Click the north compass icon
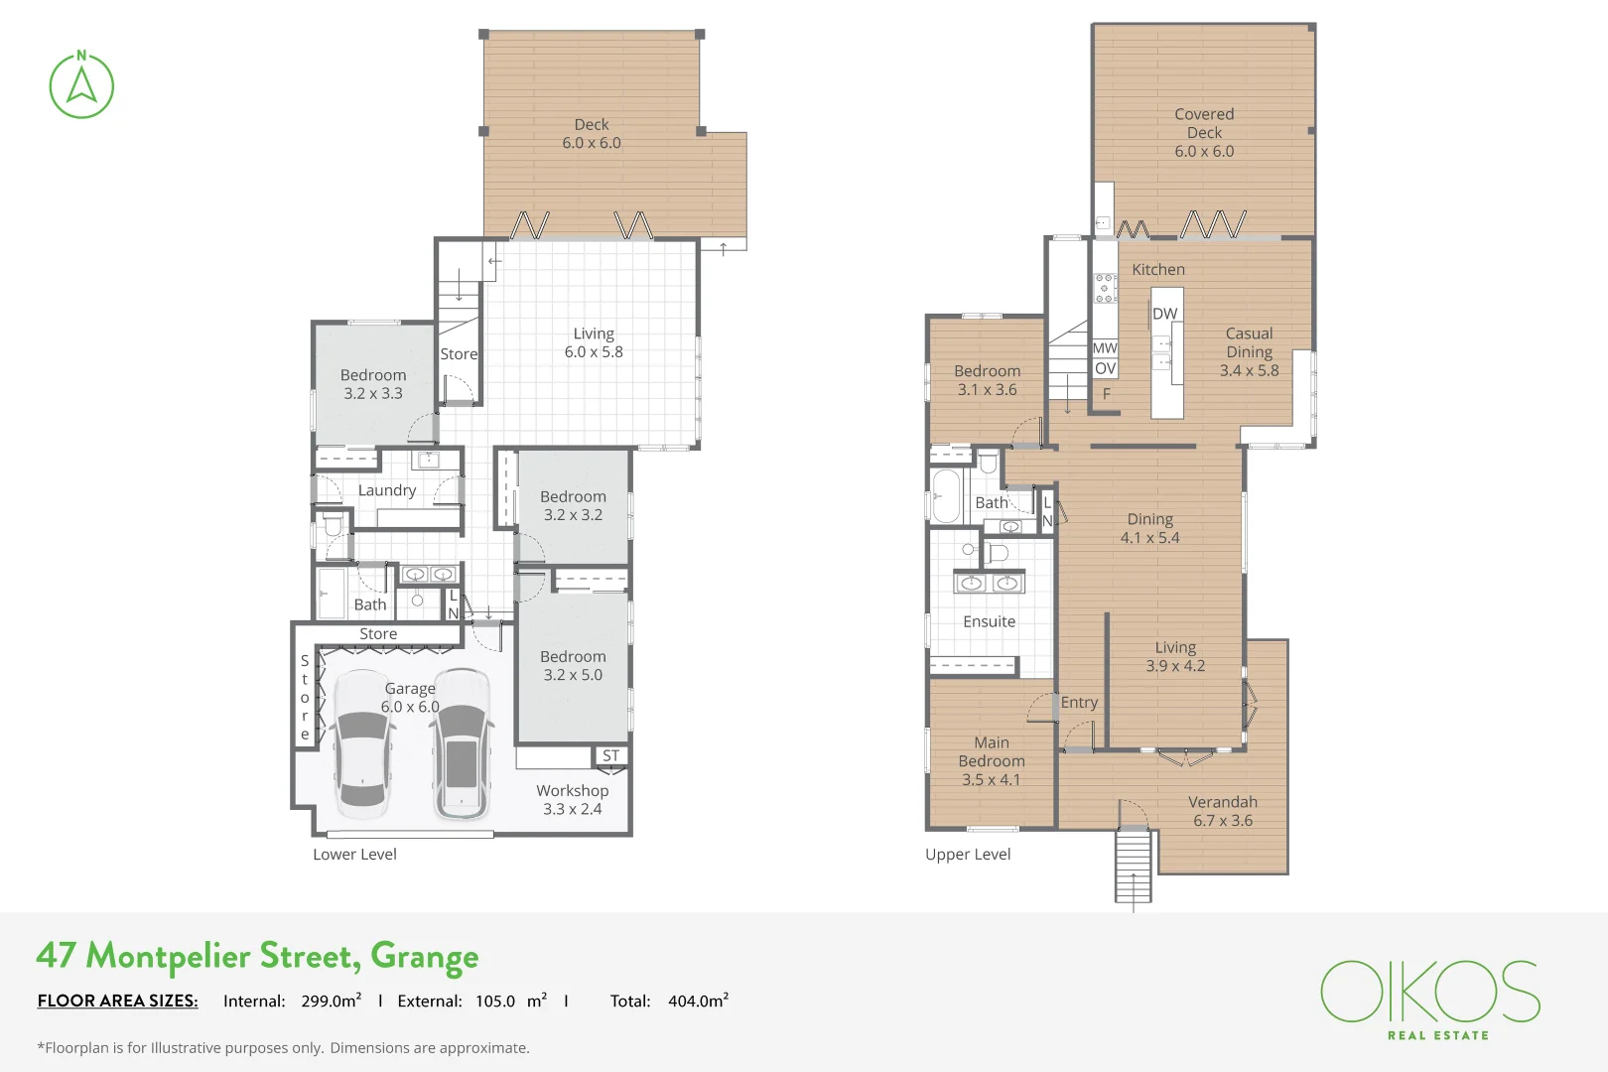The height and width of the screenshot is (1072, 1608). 81,85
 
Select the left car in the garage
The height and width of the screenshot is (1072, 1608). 362,739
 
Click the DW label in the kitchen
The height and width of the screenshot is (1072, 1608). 1165,314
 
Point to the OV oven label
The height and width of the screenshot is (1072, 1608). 1105,368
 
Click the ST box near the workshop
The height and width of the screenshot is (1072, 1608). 610,755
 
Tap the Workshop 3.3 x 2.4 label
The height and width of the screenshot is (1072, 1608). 573,799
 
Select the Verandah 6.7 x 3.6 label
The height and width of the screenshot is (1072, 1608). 1223,811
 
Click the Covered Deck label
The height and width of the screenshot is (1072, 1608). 1204,132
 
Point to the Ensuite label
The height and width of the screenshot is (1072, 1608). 989,621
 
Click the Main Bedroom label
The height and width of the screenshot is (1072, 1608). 991,760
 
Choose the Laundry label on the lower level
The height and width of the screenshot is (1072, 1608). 387,490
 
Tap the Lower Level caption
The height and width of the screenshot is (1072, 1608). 354,854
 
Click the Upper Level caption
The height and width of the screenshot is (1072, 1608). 968,854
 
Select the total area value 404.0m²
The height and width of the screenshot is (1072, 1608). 698,1001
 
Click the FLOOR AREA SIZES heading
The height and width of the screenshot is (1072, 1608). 117,1001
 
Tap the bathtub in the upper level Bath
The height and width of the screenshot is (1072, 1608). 945,495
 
